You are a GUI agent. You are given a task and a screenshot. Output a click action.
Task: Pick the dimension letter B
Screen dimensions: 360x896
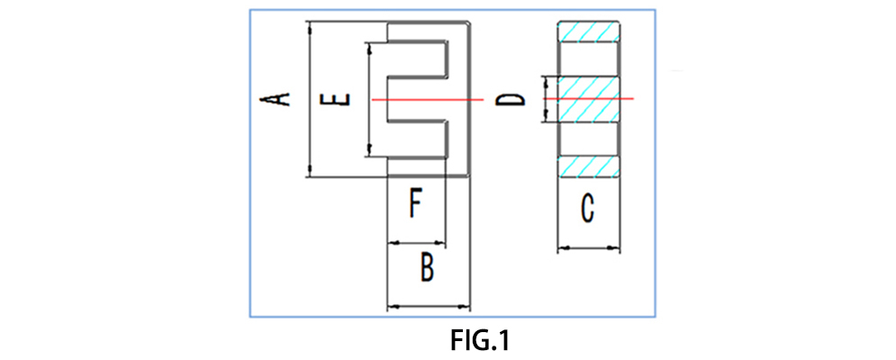point(429,267)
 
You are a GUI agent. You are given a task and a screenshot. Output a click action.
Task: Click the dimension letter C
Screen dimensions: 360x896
point(588,210)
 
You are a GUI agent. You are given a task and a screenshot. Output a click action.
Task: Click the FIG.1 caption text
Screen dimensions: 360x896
point(480,342)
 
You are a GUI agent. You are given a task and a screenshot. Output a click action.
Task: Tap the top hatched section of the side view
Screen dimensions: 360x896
point(590,32)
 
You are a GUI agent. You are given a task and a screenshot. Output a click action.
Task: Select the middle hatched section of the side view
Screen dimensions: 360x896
point(590,98)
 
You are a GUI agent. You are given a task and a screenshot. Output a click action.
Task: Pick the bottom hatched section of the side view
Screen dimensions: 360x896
point(590,166)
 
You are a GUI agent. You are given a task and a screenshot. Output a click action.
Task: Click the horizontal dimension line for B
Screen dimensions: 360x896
point(429,307)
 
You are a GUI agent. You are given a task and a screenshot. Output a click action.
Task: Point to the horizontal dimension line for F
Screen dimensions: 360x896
point(415,242)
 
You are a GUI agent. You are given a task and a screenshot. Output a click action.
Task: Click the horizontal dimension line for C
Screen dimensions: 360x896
point(590,247)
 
